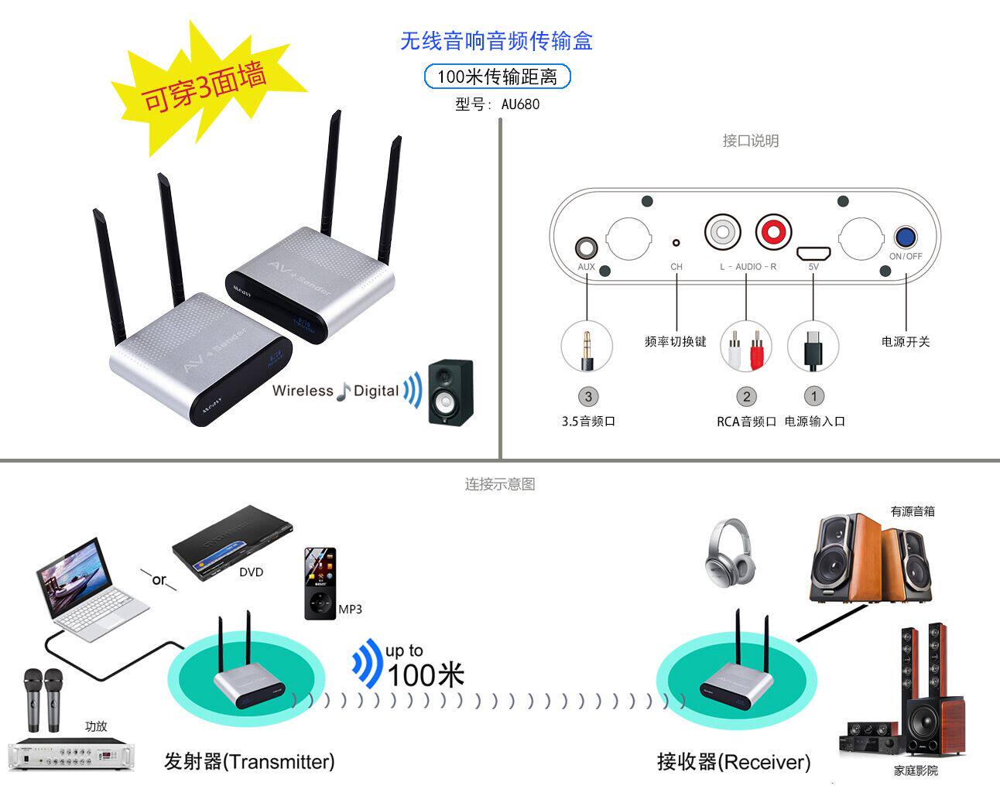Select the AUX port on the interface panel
[587, 249]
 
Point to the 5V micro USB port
[813, 253]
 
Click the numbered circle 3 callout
[588, 397]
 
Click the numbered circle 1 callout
[813, 396]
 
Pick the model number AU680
[520, 104]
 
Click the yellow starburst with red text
[203, 87]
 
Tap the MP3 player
[320, 583]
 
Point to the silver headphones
[729, 552]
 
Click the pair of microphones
[43, 698]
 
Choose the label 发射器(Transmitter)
[249, 761]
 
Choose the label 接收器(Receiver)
[733, 762]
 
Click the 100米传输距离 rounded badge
[497, 77]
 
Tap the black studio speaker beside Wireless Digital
[450, 391]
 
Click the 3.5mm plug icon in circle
[587, 347]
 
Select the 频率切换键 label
[675, 341]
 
